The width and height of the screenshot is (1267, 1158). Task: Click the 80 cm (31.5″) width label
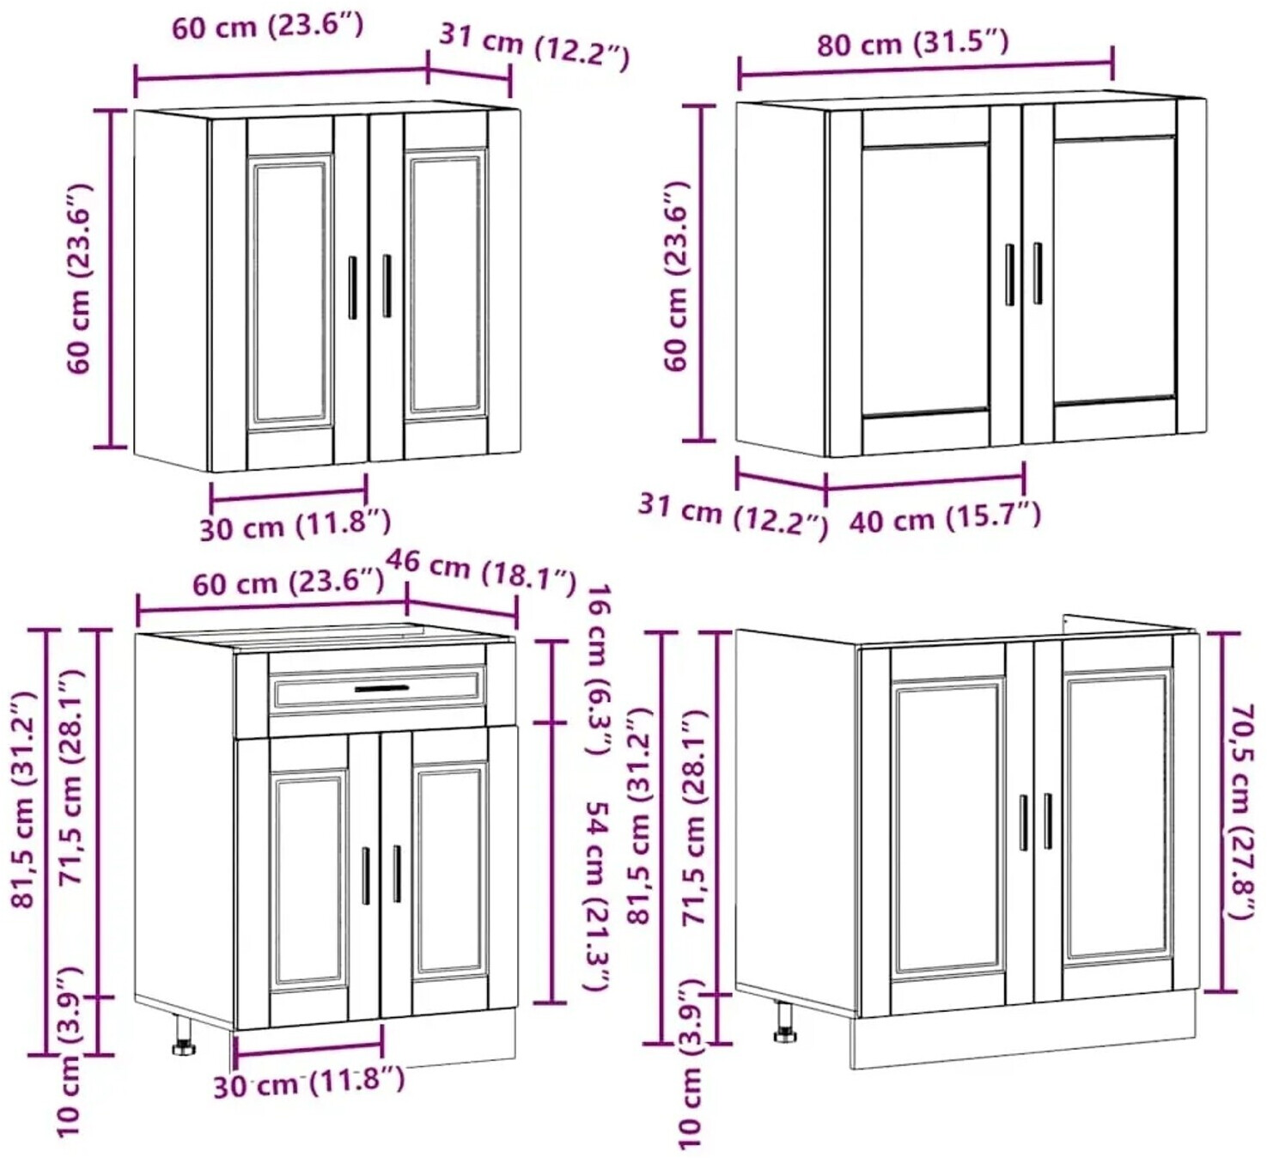pyautogui.click(x=913, y=44)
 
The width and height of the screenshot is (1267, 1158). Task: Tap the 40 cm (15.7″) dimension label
pyautogui.click(x=944, y=520)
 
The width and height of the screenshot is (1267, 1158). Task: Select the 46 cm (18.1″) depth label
pyautogui.click(x=481, y=573)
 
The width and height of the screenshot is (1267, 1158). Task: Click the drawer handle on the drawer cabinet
pyautogui.click(x=381, y=688)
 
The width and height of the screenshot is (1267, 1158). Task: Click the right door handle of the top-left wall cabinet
pyautogui.click(x=387, y=286)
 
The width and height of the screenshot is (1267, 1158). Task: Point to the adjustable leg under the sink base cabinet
pyautogui.click(x=785, y=1022)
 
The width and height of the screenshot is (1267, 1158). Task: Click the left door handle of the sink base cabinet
pyautogui.click(x=1023, y=822)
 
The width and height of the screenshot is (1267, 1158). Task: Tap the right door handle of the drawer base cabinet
pyautogui.click(x=396, y=874)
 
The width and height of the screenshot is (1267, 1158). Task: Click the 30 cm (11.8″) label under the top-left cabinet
pyautogui.click(x=295, y=524)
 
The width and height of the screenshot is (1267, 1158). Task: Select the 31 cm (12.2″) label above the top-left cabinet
pyautogui.click(x=534, y=47)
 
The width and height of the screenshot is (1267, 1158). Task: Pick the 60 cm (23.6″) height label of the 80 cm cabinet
pyautogui.click(x=677, y=276)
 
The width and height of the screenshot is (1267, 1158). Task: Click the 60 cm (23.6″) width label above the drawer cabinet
pyautogui.click(x=288, y=582)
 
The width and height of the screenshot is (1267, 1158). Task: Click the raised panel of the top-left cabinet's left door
pyautogui.click(x=291, y=291)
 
